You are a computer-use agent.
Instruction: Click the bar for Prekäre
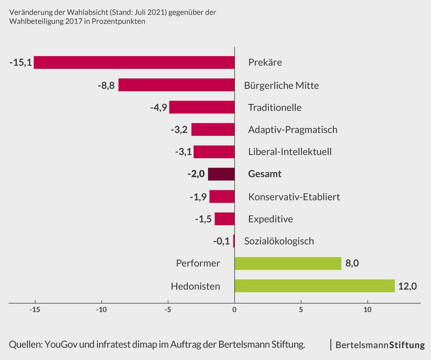[134, 63]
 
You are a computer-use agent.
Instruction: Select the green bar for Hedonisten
[315, 286]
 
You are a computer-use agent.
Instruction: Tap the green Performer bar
[288, 264]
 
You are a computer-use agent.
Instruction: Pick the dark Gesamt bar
[221, 174]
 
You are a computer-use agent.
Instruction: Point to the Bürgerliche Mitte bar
[176, 85]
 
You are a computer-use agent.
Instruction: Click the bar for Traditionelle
[202, 107]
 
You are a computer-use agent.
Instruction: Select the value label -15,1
[21, 63]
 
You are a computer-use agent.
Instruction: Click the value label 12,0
[408, 286]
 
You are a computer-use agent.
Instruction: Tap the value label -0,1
[221, 241]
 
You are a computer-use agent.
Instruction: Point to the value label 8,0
[352, 264]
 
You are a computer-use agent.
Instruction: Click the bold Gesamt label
[265, 174]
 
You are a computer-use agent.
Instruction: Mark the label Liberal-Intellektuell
[290, 152]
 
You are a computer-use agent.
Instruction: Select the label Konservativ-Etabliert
[294, 196]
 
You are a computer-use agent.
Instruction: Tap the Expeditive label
[271, 219]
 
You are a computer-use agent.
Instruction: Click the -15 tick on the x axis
[34, 309]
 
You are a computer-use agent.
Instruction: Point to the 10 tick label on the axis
[367, 309]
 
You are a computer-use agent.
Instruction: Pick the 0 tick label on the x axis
[234, 309]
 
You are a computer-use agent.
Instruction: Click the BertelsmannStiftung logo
[379, 345]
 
